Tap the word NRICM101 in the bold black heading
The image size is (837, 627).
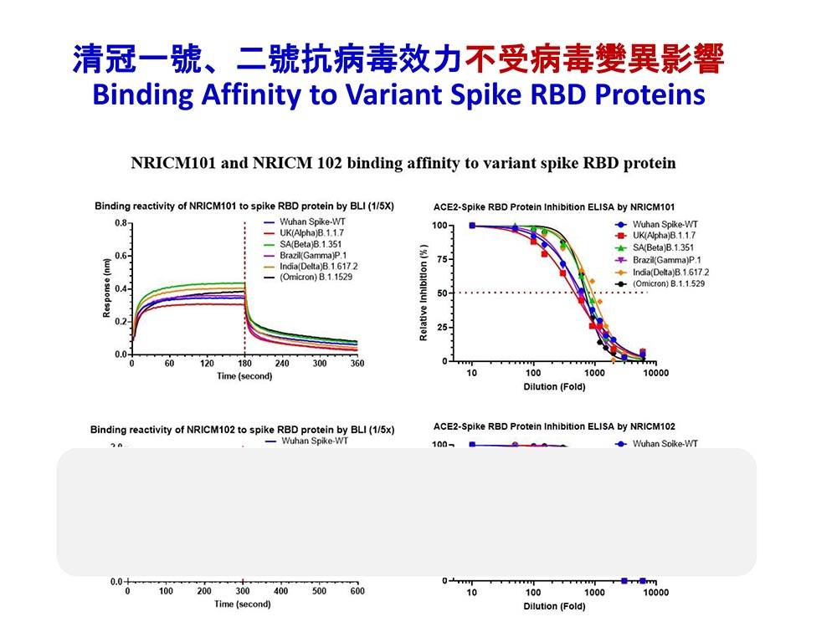(x=172, y=162)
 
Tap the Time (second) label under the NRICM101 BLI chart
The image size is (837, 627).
(x=244, y=376)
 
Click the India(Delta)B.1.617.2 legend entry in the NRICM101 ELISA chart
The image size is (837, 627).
(x=670, y=272)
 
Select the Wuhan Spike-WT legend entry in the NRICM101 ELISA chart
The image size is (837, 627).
(x=665, y=225)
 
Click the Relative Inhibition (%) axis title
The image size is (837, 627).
(x=424, y=293)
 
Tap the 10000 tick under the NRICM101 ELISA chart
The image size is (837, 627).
(x=655, y=373)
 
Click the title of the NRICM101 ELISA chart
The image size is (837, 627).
(x=554, y=206)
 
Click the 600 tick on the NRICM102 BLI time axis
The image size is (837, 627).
(x=357, y=592)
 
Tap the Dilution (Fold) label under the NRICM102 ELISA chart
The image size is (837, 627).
(x=554, y=606)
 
